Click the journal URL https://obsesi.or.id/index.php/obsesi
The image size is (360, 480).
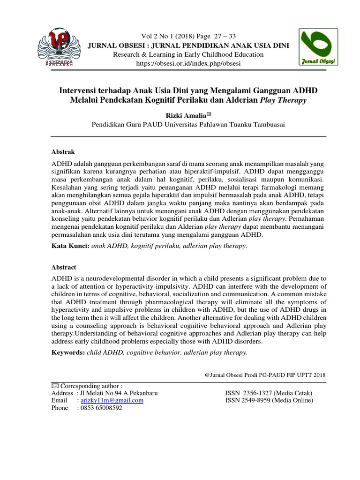click(x=188, y=63)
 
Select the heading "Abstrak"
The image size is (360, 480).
click(x=63, y=152)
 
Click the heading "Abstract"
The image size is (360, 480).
click(x=64, y=267)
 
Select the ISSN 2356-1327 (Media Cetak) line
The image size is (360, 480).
click(x=269, y=393)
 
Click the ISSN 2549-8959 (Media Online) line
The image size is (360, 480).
click(x=270, y=400)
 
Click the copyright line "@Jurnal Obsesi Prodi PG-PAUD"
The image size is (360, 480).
click(x=265, y=375)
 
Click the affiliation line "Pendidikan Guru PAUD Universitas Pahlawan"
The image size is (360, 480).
click(x=187, y=125)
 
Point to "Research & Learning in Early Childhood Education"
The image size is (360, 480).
click(x=188, y=54)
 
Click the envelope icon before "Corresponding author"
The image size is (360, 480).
click(x=54, y=385)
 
